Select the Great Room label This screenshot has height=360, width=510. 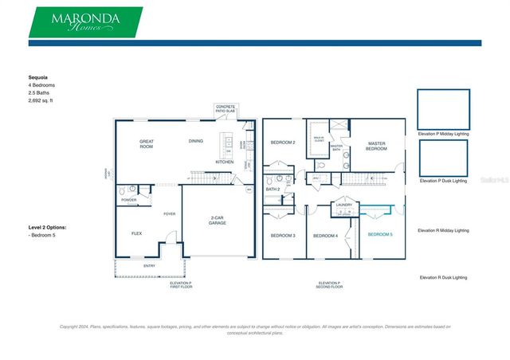pyautogui.click(x=146, y=144)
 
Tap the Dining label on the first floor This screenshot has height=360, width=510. pyautogui.click(x=195, y=142)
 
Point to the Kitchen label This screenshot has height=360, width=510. pyautogui.click(x=224, y=162)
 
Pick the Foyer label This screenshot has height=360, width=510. pyautogui.click(x=170, y=213)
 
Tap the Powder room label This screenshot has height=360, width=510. pyautogui.click(x=129, y=200)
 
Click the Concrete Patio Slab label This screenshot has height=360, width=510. pyautogui.click(x=226, y=110)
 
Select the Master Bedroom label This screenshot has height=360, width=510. pyautogui.click(x=376, y=147)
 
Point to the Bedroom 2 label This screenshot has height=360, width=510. pyautogui.click(x=283, y=143)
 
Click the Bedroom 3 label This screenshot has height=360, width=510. pyautogui.click(x=283, y=236)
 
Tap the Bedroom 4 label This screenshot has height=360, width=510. pyautogui.click(x=325, y=236)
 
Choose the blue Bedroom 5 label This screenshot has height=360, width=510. pyautogui.click(x=379, y=234)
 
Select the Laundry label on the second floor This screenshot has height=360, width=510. pyautogui.click(x=343, y=205)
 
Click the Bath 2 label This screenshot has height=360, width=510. pyautogui.click(x=273, y=190)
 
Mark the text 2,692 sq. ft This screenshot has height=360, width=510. pyautogui.click(x=45, y=101)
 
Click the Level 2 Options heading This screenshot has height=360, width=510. pyautogui.click(x=48, y=228)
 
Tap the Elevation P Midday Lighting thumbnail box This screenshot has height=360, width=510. pyautogui.click(x=443, y=109)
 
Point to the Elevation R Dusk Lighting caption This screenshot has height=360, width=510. pyautogui.click(x=443, y=277)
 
